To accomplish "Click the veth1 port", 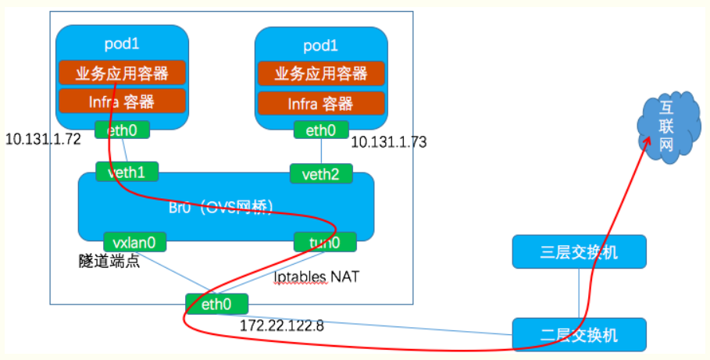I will point(127,172).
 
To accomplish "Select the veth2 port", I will point(320,173).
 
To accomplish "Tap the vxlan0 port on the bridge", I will point(134,242).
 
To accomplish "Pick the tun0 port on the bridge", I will point(325,242).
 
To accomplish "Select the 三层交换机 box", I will point(579,252).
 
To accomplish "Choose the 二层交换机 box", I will point(579,334).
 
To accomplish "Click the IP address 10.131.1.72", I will point(44,139).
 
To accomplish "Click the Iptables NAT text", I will point(316,276).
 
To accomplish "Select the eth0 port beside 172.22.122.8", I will point(216,303).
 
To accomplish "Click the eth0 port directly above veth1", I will point(122,130).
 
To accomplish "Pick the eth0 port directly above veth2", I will point(321,130).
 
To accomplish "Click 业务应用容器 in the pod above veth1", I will point(122,73).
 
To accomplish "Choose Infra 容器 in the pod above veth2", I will point(321,103).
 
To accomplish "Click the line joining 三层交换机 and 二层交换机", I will point(579,293).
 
